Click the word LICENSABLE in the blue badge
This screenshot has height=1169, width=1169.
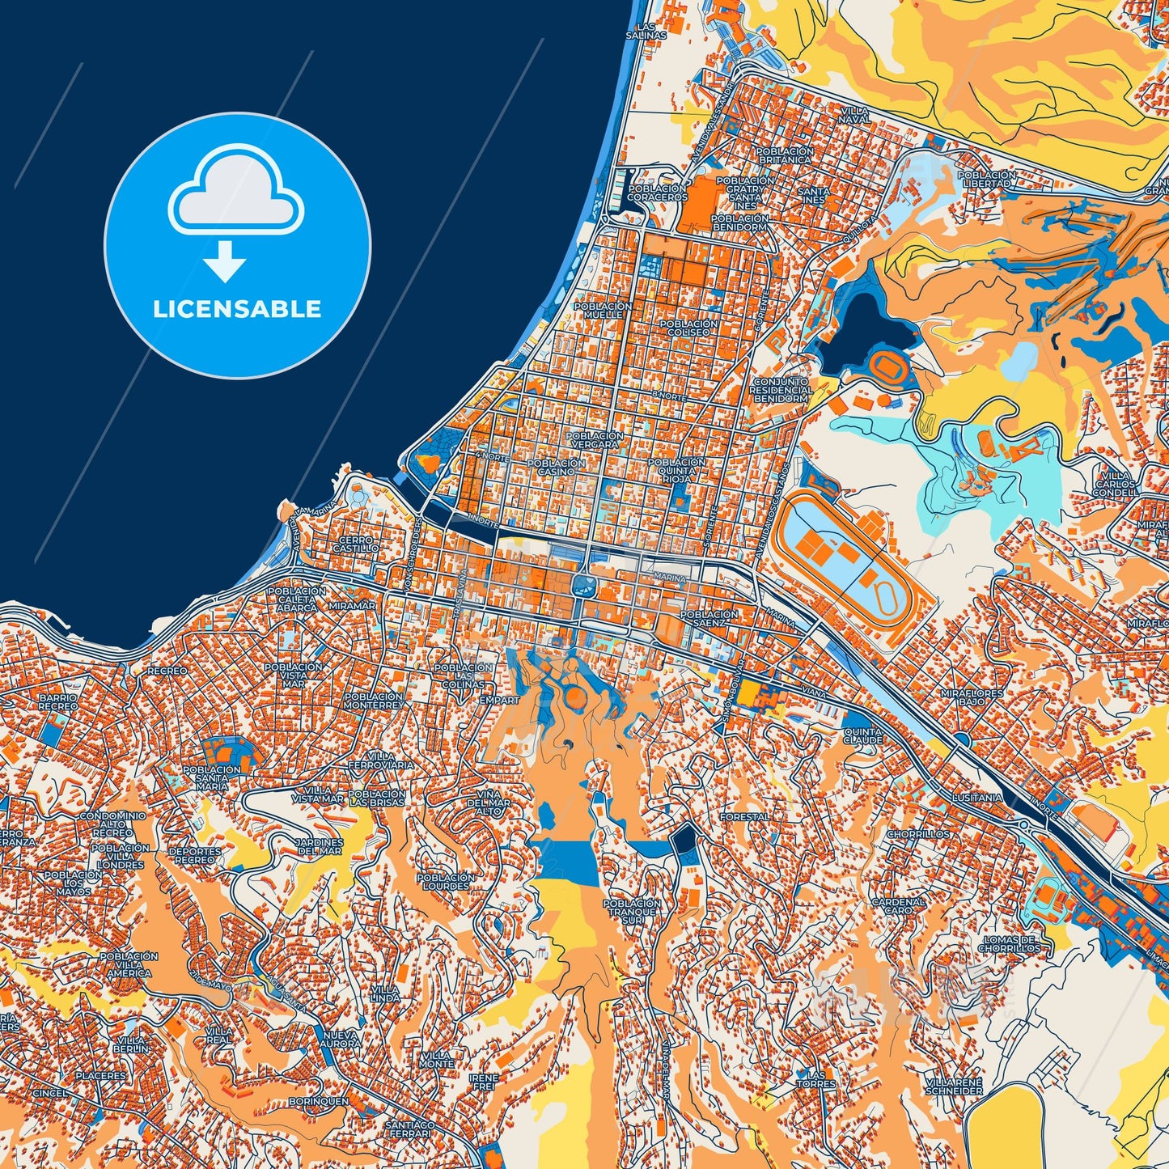(x=237, y=309)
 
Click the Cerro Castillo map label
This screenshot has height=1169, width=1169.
(x=356, y=544)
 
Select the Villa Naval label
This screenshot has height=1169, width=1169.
(x=855, y=114)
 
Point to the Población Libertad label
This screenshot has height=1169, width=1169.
(x=986, y=179)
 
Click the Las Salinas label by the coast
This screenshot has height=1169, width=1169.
(x=646, y=32)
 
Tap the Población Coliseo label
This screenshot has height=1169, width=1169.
(x=688, y=328)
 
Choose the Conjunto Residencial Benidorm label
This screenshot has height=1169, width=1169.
(x=780, y=390)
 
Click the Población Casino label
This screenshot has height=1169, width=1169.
(x=556, y=467)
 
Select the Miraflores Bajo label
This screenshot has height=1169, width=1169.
(x=972, y=698)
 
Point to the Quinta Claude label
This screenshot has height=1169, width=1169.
(x=862, y=735)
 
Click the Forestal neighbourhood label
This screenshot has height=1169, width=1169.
(x=745, y=817)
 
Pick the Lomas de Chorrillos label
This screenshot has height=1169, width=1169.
(x=1009, y=943)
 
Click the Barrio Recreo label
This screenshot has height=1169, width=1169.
(x=58, y=701)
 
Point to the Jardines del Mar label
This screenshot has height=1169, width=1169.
(x=320, y=846)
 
